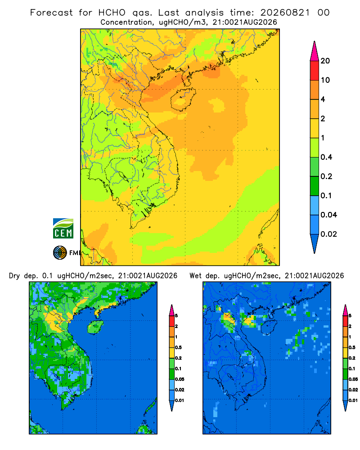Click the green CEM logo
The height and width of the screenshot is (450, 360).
point(63,229)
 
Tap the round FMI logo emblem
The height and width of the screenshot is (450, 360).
point(60,253)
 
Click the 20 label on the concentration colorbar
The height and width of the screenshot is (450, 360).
point(325,61)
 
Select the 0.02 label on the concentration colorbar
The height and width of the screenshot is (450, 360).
point(328,234)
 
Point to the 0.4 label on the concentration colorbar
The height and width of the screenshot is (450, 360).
point(326,157)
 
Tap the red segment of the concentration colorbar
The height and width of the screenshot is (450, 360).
point(315,71)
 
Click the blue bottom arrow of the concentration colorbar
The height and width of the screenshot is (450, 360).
point(315,243)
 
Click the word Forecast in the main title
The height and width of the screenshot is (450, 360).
point(51,13)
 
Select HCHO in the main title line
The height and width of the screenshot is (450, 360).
point(112,13)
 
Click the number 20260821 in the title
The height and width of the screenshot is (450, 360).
point(285,13)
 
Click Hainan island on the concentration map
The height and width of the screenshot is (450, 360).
point(183,99)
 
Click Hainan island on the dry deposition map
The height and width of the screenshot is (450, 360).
point(95,327)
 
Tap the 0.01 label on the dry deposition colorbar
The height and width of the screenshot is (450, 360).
point(180,400)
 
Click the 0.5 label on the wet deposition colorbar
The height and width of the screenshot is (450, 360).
point(351,347)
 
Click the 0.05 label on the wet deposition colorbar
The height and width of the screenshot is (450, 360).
point(353,379)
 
